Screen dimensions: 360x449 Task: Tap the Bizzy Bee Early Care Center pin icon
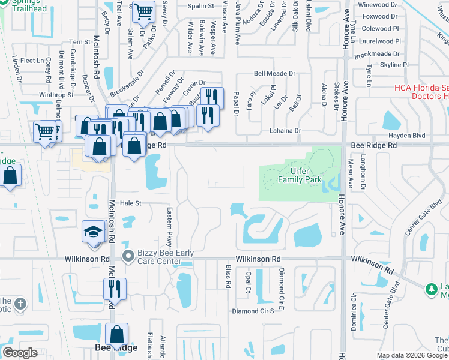(x=128, y=256)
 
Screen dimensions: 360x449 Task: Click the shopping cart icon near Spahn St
(x=143, y=11)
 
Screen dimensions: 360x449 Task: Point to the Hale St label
(x=130, y=203)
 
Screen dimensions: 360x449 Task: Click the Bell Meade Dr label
(x=275, y=73)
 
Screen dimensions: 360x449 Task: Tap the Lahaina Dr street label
(x=284, y=130)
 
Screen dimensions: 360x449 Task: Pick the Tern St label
(x=79, y=42)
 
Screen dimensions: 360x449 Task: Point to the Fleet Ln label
(x=32, y=61)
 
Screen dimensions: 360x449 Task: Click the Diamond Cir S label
(x=253, y=311)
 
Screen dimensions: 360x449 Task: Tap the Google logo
(x=20, y=353)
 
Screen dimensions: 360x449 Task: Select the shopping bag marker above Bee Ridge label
(x=118, y=334)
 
